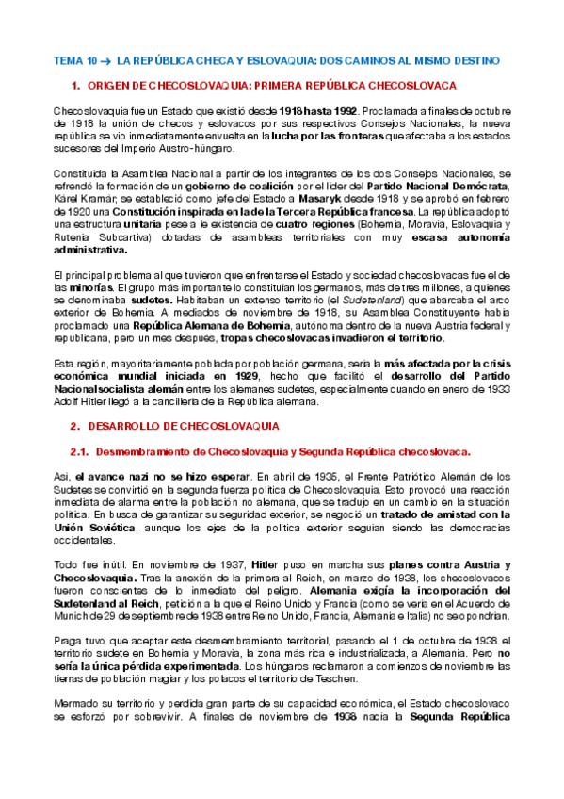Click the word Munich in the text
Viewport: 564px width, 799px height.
point(72,614)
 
